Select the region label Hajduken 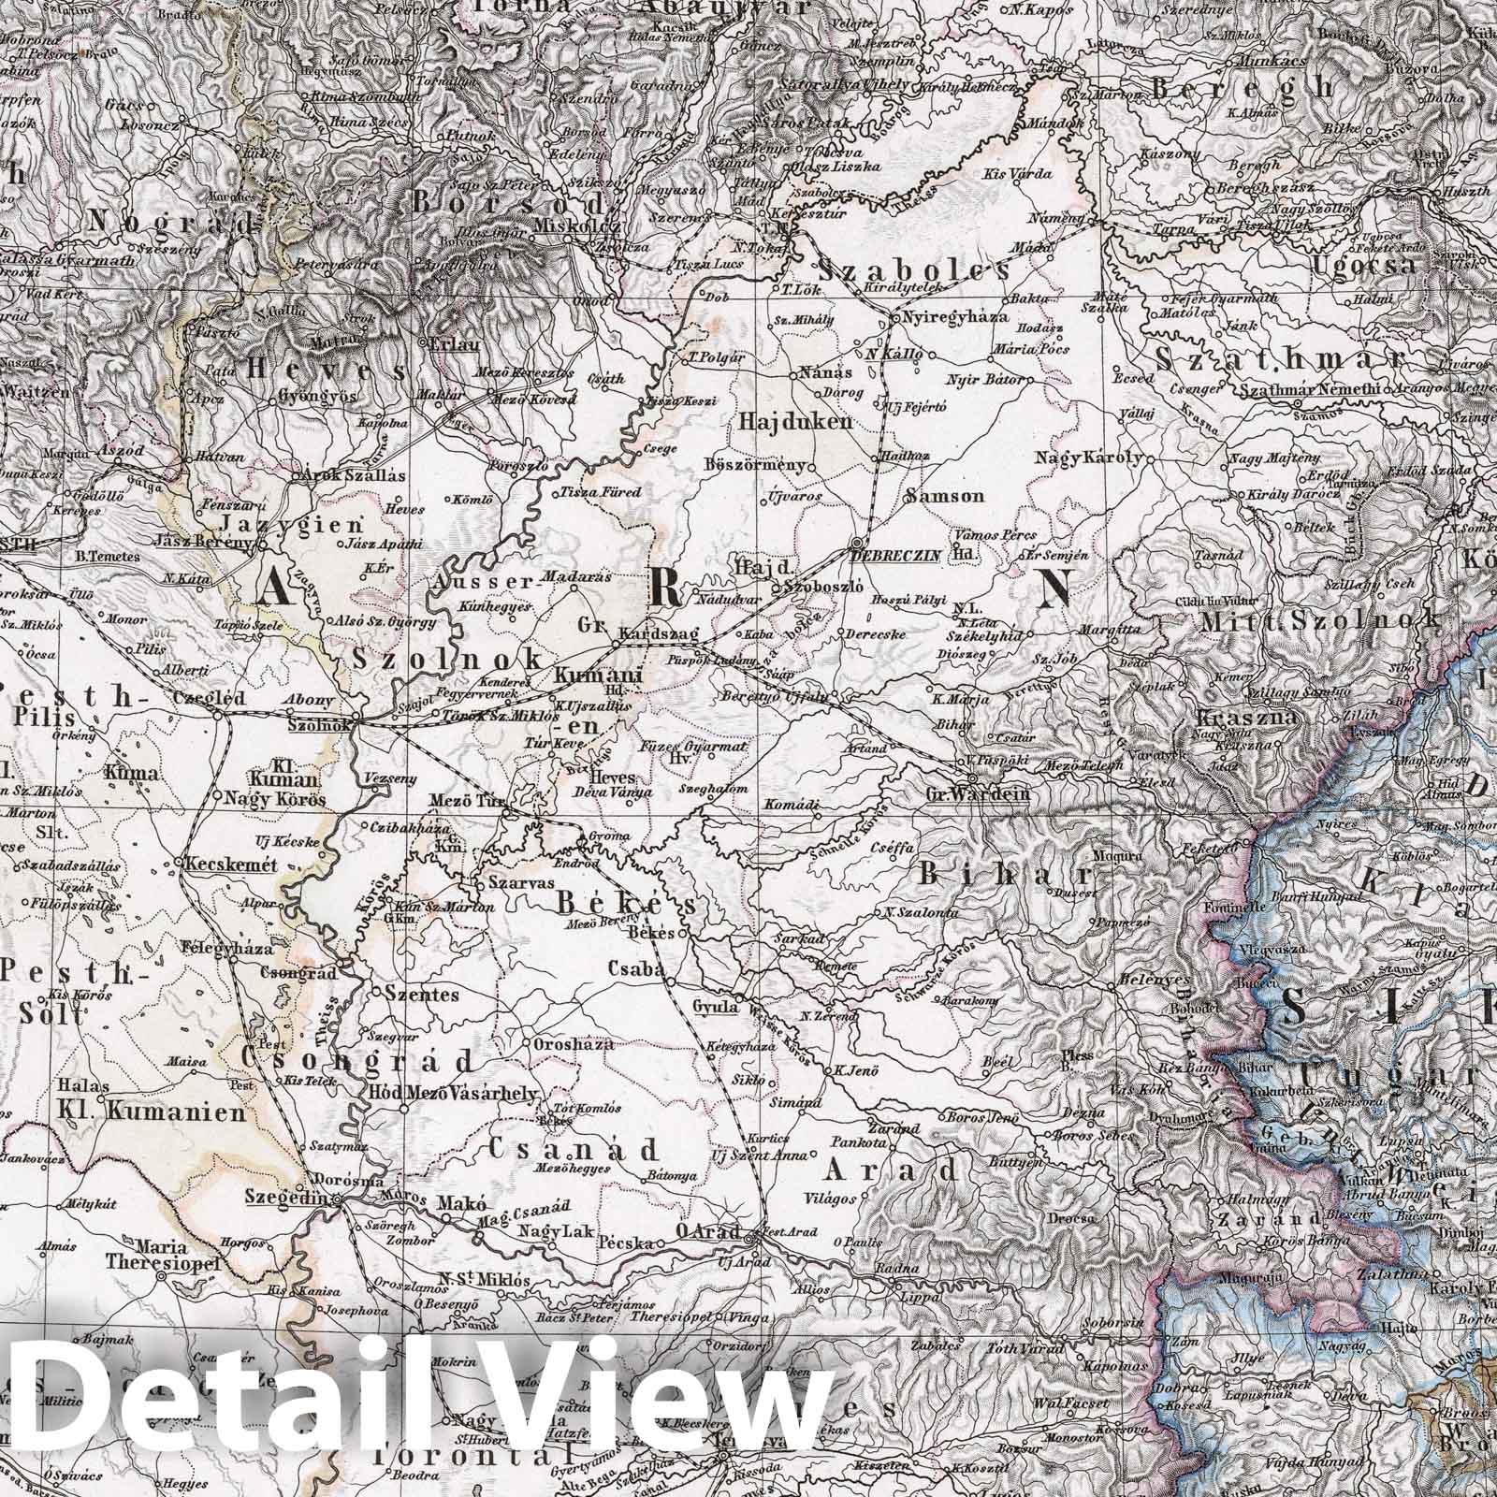coord(795,422)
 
